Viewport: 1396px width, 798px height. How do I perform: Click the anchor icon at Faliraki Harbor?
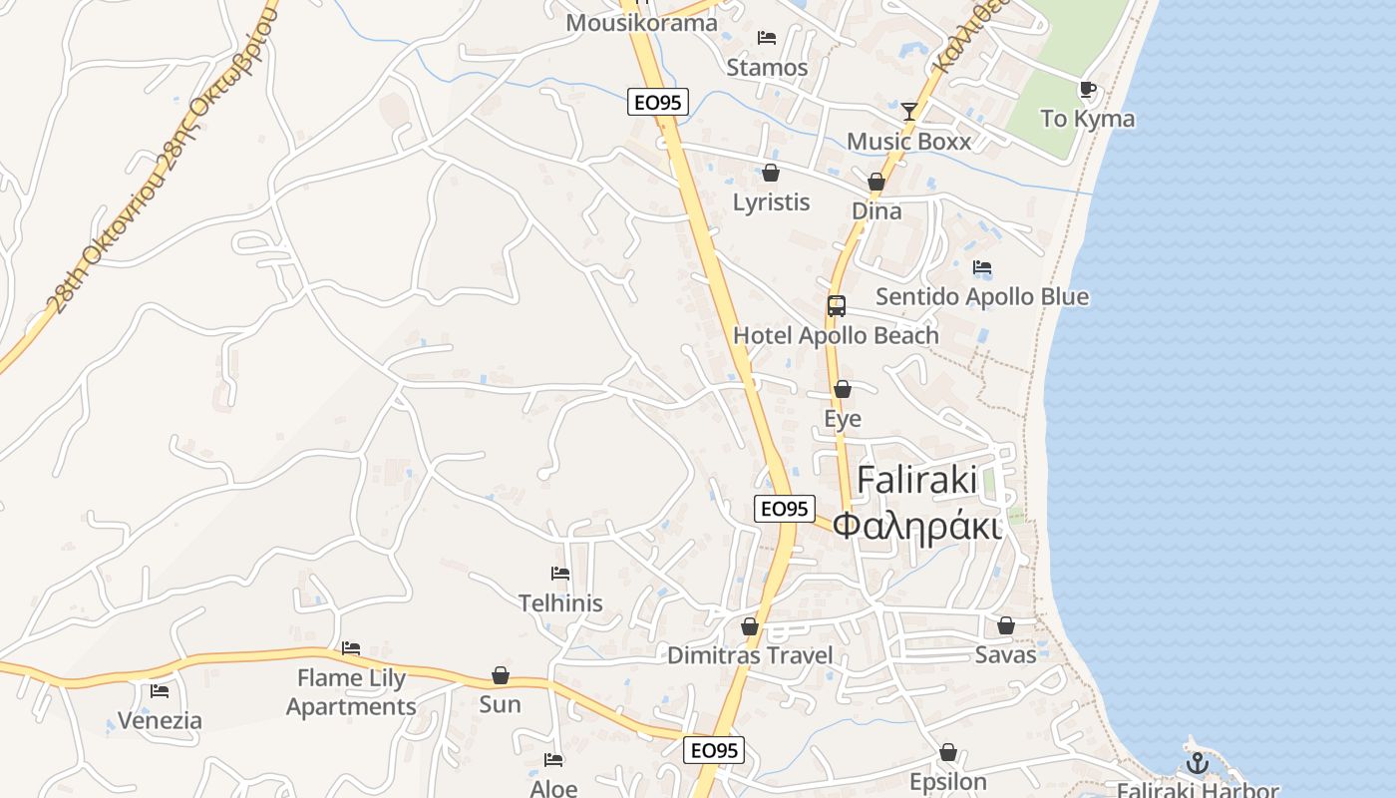point(1197,764)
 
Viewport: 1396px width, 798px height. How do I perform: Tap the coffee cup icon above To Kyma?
point(1088,90)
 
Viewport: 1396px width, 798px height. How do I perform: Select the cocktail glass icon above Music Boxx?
point(909,111)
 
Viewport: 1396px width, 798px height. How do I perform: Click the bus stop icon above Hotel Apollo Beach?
point(837,306)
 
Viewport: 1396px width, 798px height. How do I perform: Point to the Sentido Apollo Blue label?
point(982,296)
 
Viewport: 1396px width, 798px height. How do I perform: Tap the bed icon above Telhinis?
point(560,574)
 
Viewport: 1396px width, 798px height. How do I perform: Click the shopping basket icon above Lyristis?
point(771,173)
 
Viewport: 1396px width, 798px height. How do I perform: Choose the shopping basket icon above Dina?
point(876,182)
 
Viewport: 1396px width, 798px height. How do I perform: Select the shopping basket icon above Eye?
point(843,389)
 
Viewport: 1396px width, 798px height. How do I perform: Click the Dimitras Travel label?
point(750,655)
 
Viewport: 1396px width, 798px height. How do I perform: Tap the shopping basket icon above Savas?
point(1006,625)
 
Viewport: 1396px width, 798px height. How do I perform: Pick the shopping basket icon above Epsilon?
point(948,752)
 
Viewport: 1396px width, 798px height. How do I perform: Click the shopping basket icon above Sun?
point(501,675)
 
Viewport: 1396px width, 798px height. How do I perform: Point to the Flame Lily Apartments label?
point(351,692)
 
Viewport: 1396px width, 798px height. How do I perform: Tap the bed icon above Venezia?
point(160,691)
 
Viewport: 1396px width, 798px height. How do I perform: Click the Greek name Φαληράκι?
point(917,525)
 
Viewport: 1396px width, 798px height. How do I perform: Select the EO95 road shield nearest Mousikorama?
point(658,101)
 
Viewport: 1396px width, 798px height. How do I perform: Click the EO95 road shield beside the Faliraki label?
point(784,509)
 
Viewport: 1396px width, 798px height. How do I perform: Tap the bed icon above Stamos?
point(767,38)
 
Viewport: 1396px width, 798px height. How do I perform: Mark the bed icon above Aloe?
point(554,760)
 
